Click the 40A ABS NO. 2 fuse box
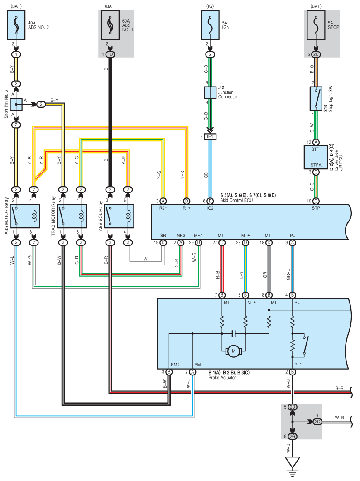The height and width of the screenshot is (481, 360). pyautogui.click(x=16, y=25)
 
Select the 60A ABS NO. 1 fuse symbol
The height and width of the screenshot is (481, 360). pyautogui.click(x=110, y=25)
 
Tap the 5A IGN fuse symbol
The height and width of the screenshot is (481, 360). pyautogui.click(x=210, y=25)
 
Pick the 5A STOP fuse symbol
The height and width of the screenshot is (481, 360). pyautogui.click(x=316, y=25)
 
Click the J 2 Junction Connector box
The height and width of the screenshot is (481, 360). pyautogui.click(x=210, y=93)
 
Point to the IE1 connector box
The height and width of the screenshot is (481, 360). pyautogui.click(x=210, y=136)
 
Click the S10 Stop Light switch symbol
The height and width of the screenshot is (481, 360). pyautogui.click(x=316, y=98)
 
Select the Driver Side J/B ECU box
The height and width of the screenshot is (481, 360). pyautogui.click(x=316, y=157)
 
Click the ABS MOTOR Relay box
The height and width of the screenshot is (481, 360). pyautogui.click(x=25, y=216)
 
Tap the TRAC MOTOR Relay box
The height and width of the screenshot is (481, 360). pyautogui.click(x=72, y=216)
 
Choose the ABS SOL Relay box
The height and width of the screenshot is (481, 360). pyautogui.click(x=119, y=216)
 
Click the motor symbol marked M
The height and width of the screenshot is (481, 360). pyautogui.click(x=234, y=351)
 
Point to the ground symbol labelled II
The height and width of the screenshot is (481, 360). pyautogui.click(x=293, y=463)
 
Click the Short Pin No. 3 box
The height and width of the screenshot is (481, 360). pyautogui.click(x=16, y=105)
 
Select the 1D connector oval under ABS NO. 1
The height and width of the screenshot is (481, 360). pyautogui.click(x=110, y=55)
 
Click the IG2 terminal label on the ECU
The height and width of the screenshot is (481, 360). pyautogui.click(x=210, y=208)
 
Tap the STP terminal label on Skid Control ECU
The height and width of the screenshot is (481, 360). pyautogui.click(x=316, y=208)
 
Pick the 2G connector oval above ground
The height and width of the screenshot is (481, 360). pyautogui.click(x=293, y=436)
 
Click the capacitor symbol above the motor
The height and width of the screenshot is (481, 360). pyautogui.click(x=234, y=333)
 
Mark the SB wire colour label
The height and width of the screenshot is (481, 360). pyautogui.click(x=206, y=175)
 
